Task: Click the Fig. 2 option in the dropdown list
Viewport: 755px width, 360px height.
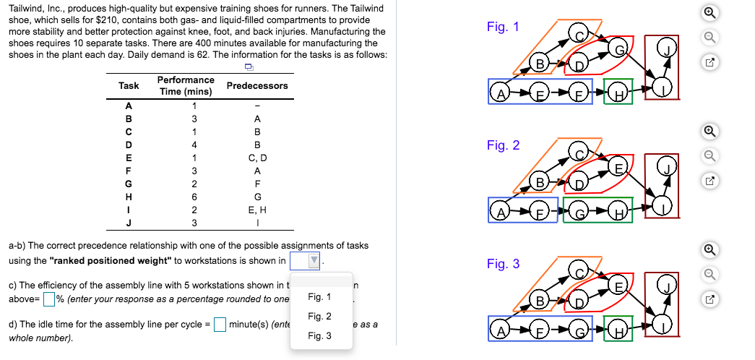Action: pos(319,316)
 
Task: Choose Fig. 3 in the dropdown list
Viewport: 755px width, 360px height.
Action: pos(319,336)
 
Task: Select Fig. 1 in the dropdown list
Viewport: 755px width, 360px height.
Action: pos(319,297)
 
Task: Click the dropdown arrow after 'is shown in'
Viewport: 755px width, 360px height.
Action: pos(314,261)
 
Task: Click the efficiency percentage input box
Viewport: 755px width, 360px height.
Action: pos(48,299)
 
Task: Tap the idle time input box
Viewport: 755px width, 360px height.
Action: pos(220,325)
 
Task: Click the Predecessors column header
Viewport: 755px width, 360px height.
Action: pos(257,86)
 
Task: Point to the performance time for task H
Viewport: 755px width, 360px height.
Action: pos(194,197)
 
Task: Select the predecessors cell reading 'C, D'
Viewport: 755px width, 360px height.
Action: pos(257,158)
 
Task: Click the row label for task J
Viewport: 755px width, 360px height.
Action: pos(129,223)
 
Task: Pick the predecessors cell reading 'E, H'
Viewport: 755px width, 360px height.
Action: pos(257,210)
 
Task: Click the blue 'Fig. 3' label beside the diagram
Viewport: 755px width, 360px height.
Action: pos(503,264)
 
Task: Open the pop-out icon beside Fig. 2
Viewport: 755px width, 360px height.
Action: pos(710,181)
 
